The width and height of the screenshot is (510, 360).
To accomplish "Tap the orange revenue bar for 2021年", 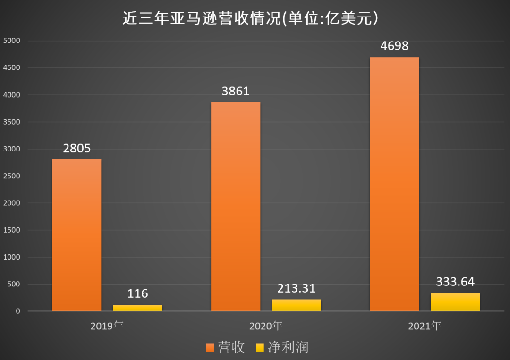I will pos(394,184).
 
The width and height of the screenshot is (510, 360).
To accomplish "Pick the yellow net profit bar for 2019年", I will pos(137,308).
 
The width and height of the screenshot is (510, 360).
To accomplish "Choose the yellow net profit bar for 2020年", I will pos(296,305).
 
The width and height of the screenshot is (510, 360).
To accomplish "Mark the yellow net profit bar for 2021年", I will pos(455,302).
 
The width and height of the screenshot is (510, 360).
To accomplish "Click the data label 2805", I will pos(76,149).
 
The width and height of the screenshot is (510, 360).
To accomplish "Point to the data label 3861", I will pos(235,92).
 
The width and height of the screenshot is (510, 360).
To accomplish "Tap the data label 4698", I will pos(394,46).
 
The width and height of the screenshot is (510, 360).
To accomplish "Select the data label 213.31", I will pos(296,288).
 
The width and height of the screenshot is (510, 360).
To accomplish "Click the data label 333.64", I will pos(455,282).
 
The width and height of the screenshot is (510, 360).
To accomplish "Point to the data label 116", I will pos(137,293).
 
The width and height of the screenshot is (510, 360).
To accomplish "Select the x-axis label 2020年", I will pos(265,326).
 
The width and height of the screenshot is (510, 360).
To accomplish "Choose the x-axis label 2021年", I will pos(424,326).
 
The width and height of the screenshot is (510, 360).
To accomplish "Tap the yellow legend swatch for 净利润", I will pos(260,348).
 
